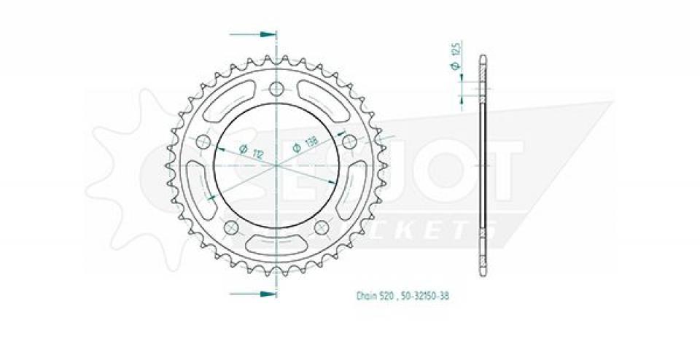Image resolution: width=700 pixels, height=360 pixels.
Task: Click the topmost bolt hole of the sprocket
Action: tap(276, 90)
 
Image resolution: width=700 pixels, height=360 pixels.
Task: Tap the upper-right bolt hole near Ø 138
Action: tap(349, 141)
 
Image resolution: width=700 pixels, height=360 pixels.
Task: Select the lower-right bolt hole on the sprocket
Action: tap(320, 228)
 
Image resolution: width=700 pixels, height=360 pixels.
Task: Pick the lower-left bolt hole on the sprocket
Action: tap(232, 228)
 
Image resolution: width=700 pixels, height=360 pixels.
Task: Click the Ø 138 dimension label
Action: tap(305, 146)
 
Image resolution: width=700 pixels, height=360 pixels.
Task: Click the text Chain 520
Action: tap(376, 297)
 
